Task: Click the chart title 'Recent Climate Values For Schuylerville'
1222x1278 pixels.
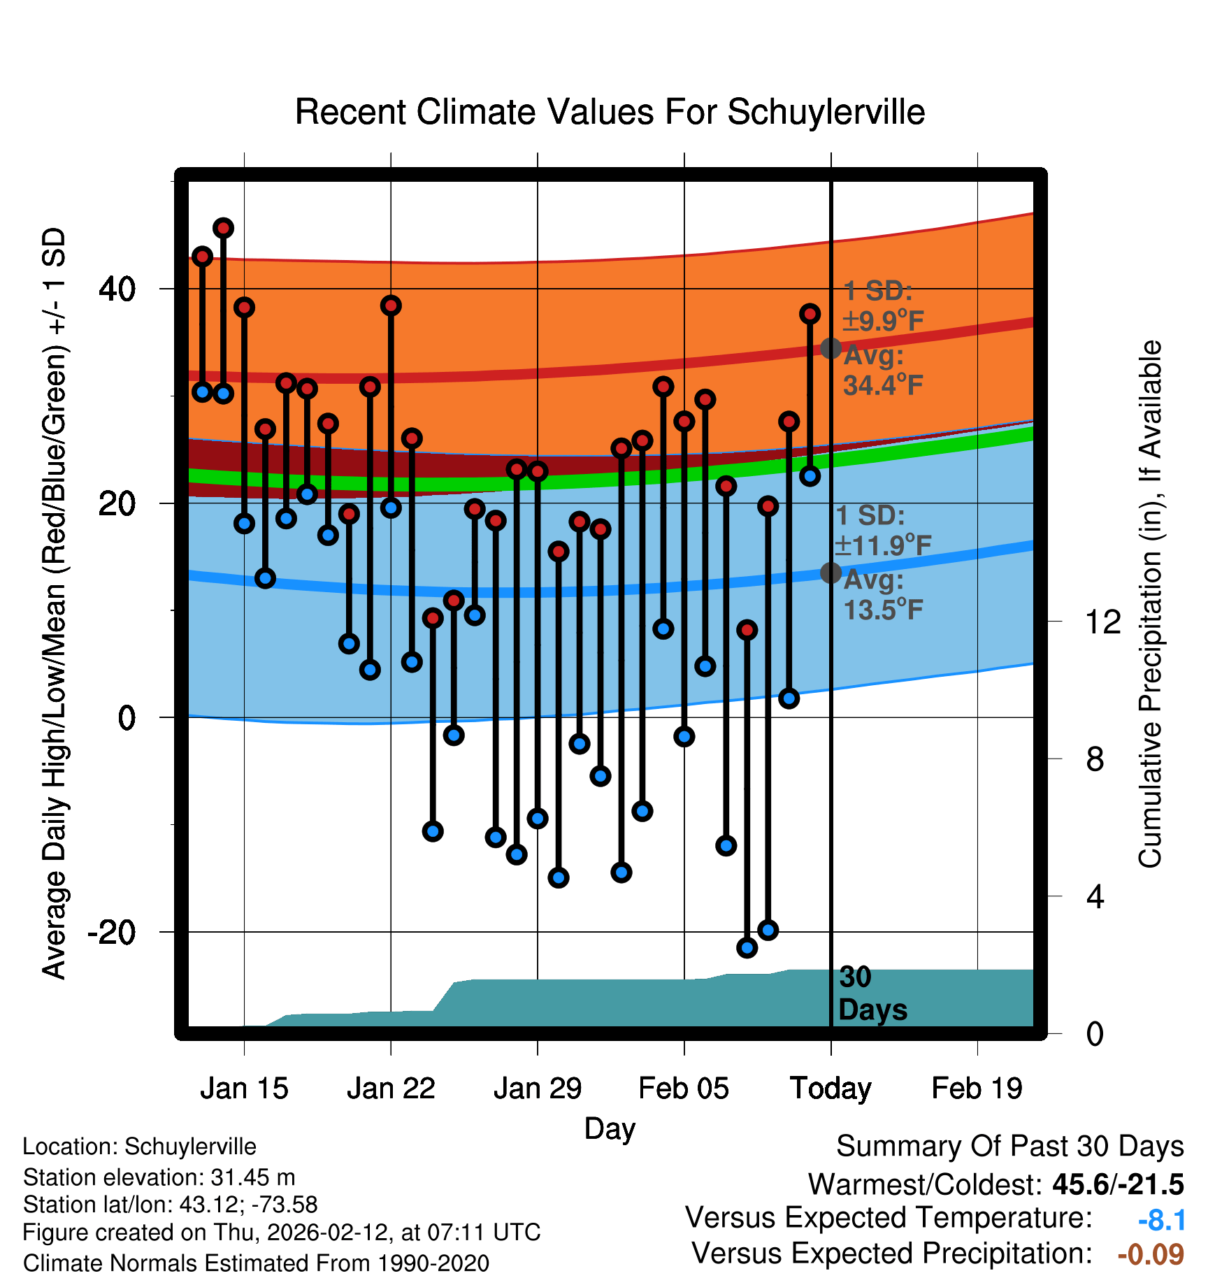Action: coord(610,112)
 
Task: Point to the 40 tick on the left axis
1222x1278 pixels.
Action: coord(117,289)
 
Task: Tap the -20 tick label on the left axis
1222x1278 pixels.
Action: coord(111,932)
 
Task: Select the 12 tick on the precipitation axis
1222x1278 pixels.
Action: coord(1102,622)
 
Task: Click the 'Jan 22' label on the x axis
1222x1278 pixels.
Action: coord(391,1089)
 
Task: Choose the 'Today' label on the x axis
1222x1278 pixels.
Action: coord(831,1089)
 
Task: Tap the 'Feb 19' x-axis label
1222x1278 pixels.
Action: coord(977,1089)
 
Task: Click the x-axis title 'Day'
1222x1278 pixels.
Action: coord(610,1128)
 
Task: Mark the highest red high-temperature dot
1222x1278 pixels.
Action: coord(223,228)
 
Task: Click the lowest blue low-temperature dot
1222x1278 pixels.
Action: coord(747,947)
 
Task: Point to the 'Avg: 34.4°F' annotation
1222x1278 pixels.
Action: coord(882,371)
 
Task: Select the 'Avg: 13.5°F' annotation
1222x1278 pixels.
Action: coord(882,595)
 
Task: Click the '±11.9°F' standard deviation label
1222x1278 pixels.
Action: coord(883,545)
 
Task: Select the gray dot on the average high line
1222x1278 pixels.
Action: coord(831,348)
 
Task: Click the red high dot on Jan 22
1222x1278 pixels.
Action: coord(391,306)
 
